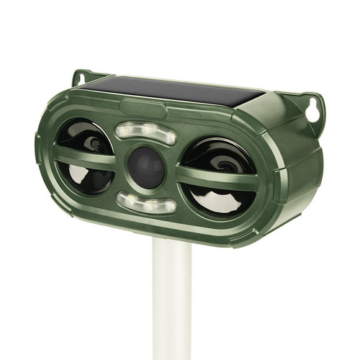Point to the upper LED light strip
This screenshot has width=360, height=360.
(145, 134)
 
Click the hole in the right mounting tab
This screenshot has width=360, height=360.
(314, 110)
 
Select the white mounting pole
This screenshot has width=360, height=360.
(171, 302)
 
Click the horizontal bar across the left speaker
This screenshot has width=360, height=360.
(85, 156)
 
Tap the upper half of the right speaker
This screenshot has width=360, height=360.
(216, 155)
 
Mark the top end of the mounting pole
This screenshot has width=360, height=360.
(171, 245)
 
